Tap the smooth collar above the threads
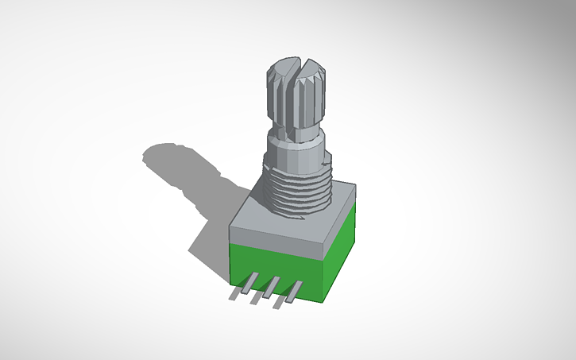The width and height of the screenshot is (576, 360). click(295, 147)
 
